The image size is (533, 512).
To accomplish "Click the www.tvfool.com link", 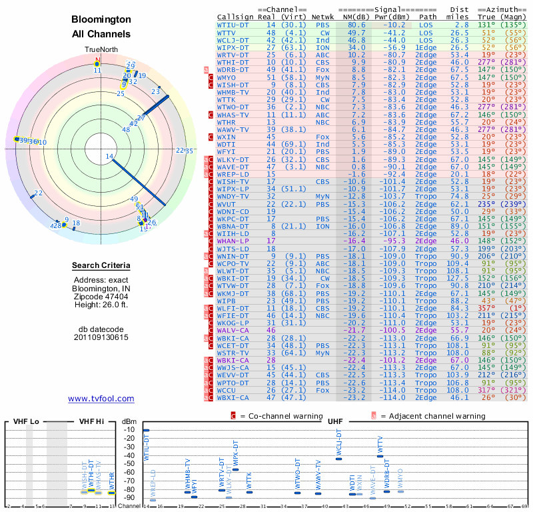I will (101, 399).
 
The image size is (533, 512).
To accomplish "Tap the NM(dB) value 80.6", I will (356, 25).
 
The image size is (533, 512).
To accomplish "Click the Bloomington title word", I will (101, 20).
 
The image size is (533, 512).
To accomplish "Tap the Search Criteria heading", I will (101, 266).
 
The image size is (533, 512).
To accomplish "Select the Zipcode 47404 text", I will (101, 297).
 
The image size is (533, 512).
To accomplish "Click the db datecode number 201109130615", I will (101, 337).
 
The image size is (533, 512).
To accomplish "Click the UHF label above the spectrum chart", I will (335, 421).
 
